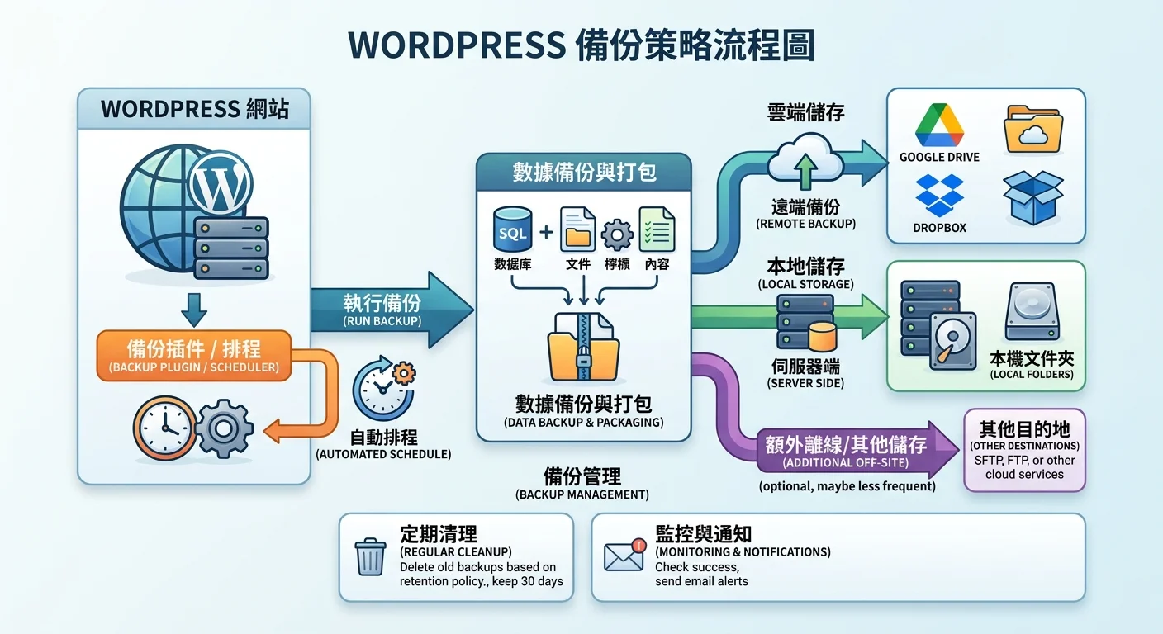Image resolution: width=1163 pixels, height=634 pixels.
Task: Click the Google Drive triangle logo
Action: [938, 126]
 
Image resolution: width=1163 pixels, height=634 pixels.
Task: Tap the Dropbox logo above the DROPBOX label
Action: [939, 195]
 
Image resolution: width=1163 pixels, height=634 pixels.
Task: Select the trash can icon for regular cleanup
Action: [370, 556]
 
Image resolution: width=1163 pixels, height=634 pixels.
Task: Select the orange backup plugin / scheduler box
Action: [194, 355]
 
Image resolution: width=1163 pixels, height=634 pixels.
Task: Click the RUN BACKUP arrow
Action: [388, 310]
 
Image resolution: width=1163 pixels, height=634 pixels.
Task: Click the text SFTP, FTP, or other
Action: [1024, 460]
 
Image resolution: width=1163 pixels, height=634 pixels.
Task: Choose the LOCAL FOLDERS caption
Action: [1032, 374]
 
